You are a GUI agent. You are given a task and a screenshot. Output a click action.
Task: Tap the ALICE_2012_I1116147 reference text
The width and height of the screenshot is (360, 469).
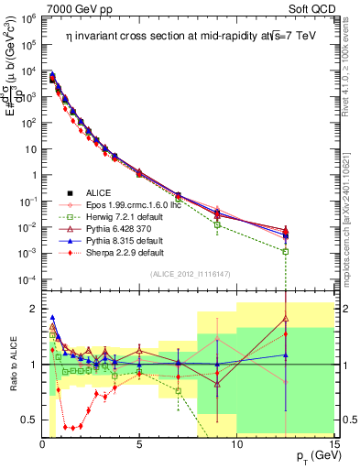pos(189,274)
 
